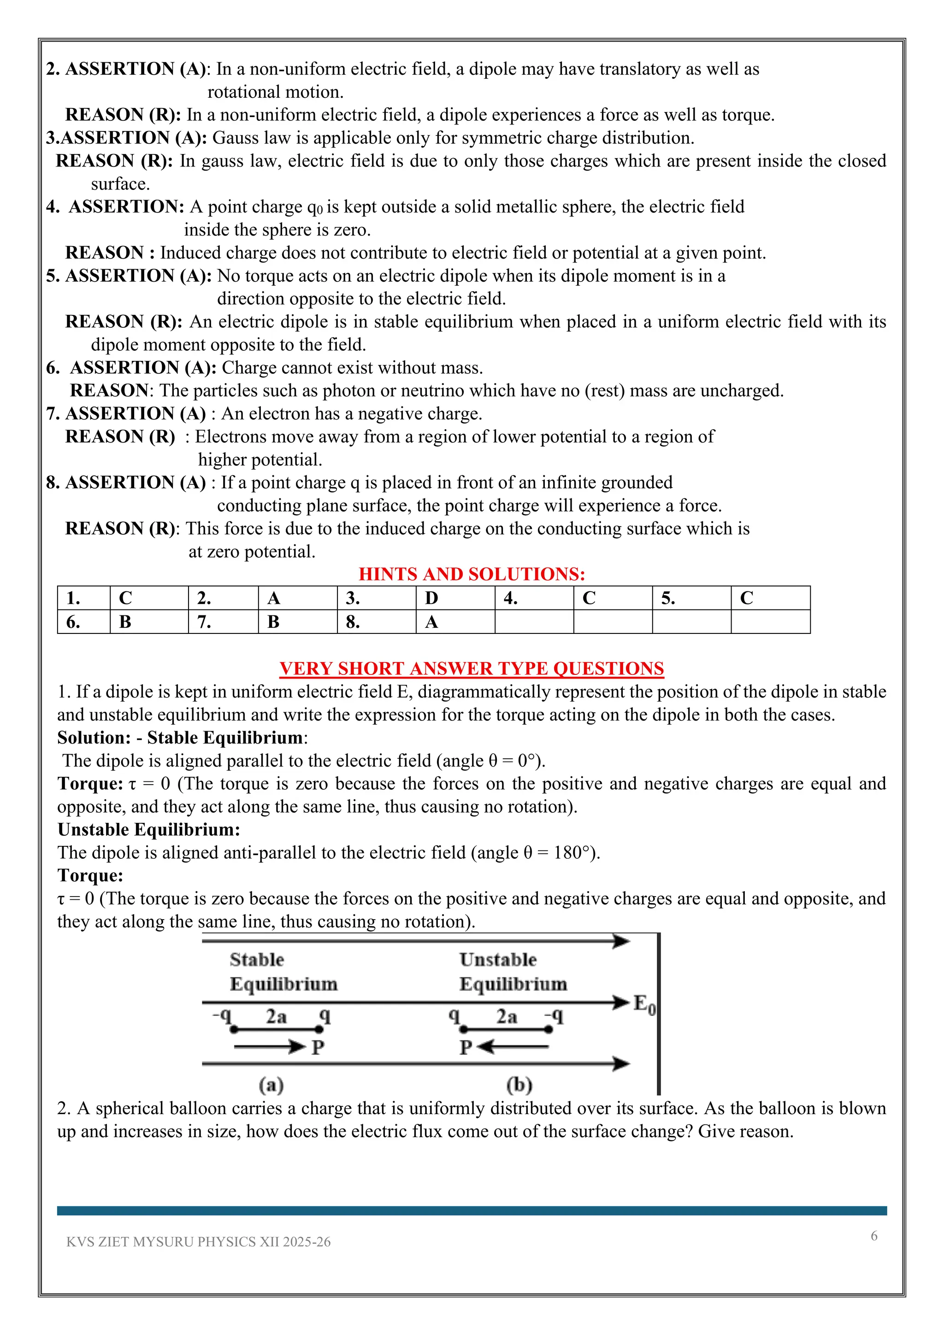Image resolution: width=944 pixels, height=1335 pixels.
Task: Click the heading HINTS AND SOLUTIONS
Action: pyautogui.click(x=472, y=574)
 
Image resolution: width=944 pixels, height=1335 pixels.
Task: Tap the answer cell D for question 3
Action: pyautogui.click(x=454, y=598)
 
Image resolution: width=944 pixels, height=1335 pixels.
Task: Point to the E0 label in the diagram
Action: pyautogui.click(x=644, y=1004)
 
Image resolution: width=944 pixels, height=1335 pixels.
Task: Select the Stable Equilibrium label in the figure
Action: pyautogui.click(x=283, y=972)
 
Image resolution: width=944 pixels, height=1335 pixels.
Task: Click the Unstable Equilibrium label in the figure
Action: pyautogui.click(x=513, y=972)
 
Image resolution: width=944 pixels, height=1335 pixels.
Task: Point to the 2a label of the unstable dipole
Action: pyautogui.click(x=506, y=1016)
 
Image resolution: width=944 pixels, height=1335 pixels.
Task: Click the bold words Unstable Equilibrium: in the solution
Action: pyautogui.click(x=148, y=829)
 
